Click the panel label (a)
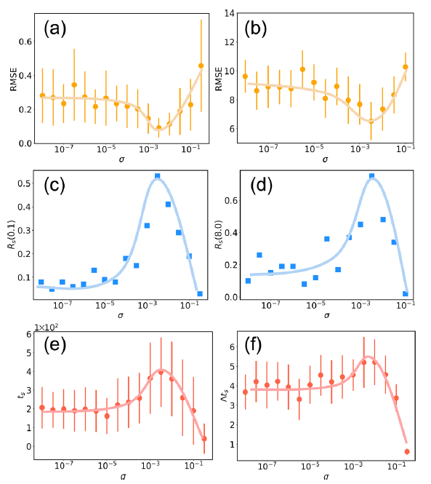tap(55, 28)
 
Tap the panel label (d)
tap(261, 186)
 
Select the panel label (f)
tap(253, 345)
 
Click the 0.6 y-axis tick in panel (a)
tap(25, 41)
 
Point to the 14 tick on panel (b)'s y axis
tap(230, 13)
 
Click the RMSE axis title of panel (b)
tap(219, 79)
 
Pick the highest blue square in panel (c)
tap(157, 176)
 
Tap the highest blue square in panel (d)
tap(372, 176)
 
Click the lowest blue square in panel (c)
tap(200, 293)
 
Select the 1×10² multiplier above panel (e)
tap(46, 328)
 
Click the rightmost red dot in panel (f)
tap(407, 451)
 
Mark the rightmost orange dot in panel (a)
tap(201, 66)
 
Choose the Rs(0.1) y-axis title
tap(12, 234)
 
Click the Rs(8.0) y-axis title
tap(218, 234)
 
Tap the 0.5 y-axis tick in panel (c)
tap(24, 183)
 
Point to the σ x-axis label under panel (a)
tap(122, 159)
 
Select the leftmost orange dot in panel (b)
tap(245, 76)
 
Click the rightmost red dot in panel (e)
tap(204, 439)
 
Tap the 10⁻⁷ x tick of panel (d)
tap(270, 305)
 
